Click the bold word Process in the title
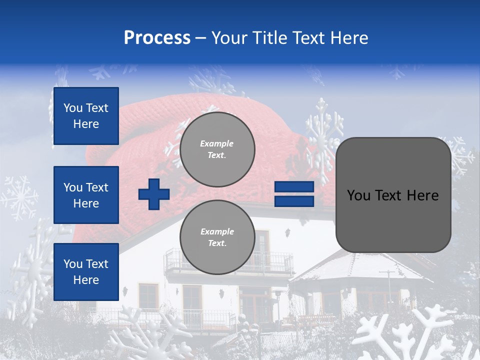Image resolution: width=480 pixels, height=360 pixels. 157,37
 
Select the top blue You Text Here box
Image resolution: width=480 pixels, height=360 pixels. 86,116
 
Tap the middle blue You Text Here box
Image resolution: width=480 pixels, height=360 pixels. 86,195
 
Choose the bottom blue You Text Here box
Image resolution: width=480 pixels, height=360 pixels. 86,272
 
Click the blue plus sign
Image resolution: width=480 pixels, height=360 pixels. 154,194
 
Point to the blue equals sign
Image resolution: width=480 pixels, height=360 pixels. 294,194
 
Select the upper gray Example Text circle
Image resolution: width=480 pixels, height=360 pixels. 217,149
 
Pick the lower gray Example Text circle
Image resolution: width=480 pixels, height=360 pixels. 217,237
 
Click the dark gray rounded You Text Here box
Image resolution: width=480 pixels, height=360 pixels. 393,195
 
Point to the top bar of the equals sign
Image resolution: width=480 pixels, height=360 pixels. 294,187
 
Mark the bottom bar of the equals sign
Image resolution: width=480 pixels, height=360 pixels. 294,201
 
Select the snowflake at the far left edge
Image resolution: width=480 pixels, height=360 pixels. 19,197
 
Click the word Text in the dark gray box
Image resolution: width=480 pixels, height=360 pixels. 391,195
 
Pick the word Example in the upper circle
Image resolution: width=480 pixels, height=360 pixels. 217,143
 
